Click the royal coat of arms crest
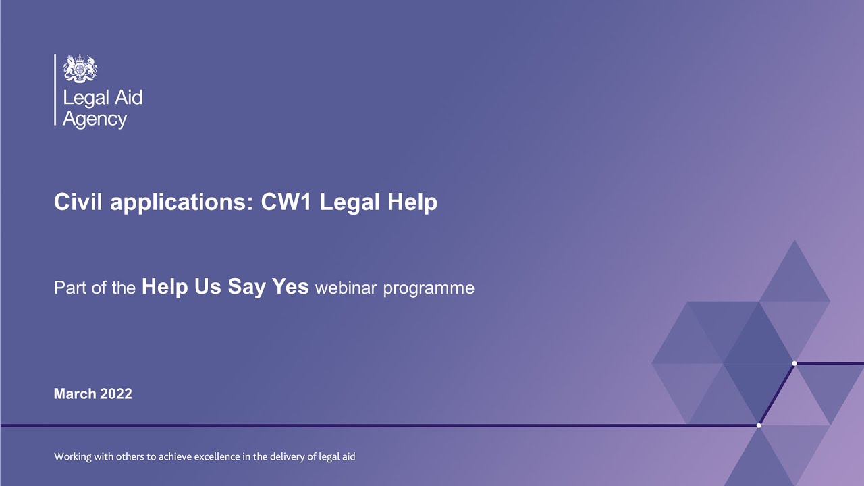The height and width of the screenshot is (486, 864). click(80, 69)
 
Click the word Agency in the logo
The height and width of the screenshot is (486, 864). click(94, 119)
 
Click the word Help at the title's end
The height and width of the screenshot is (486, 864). click(411, 202)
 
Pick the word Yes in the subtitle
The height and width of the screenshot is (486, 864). click(290, 288)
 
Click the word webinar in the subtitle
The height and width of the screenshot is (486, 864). click(346, 288)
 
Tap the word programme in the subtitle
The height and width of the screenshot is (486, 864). click(429, 289)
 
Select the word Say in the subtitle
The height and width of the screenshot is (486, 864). click(246, 288)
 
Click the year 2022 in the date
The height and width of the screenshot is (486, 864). click(116, 394)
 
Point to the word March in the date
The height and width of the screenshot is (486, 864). click(75, 394)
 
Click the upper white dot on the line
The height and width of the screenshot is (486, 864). click(794, 363)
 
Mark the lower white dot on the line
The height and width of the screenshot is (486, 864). click(759, 425)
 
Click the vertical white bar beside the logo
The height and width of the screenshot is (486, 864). click(55, 90)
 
